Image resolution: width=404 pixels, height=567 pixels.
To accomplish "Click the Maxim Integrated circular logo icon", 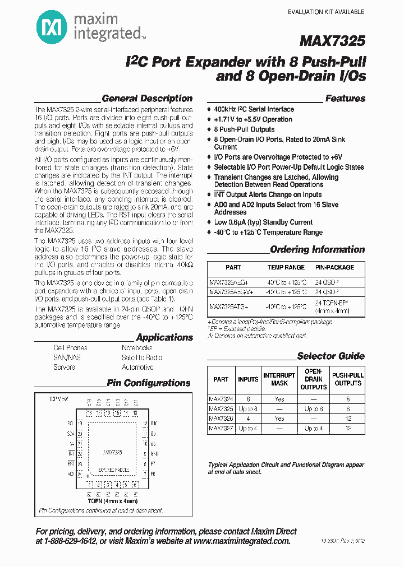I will tap(49, 26).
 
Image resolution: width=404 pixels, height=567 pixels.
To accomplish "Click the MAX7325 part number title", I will tap(333, 41).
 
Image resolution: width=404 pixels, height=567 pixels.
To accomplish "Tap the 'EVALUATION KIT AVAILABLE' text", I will tap(326, 12).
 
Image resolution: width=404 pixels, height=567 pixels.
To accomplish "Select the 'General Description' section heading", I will tap(147, 99).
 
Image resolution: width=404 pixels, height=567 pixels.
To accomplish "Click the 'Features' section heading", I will tap(345, 99).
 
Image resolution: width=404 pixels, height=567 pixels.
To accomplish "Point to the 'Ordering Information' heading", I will tap(317, 249).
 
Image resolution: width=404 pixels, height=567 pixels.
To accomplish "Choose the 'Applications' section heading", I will tap(164, 337).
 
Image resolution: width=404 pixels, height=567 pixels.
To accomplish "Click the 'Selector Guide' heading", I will tap(330, 356).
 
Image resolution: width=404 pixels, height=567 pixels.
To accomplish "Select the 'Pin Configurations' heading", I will tap(149, 383).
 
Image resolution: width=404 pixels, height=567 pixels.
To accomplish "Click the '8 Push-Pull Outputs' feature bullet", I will tap(244, 129).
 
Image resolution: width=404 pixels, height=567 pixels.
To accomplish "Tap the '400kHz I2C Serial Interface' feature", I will tap(254, 109).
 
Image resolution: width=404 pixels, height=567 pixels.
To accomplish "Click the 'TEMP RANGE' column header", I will tap(286, 268).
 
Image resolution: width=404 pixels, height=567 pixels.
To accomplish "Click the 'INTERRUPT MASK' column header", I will tap(279, 379).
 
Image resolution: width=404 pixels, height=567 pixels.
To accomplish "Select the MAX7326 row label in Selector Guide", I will tap(221, 419).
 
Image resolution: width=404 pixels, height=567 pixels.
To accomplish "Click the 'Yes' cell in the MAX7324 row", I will tap(279, 399).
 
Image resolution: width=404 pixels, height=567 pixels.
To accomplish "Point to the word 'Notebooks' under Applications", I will tap(137, 348).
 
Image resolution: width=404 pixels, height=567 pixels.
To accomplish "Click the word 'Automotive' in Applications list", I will tap(137, 368).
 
